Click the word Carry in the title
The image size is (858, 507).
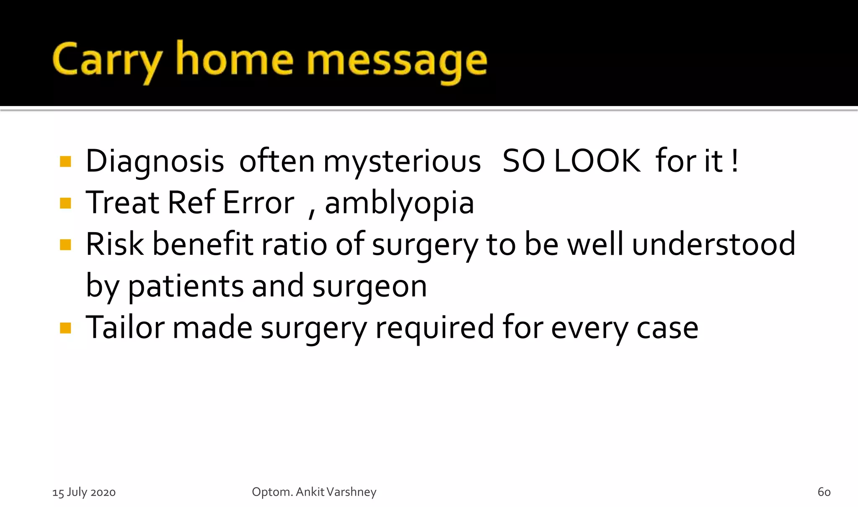click(x=107, y=61)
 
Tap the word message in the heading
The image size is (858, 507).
click(x=397, y=61)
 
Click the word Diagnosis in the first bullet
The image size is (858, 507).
click(x=155, y=161)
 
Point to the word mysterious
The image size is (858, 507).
click(x=402, y=161)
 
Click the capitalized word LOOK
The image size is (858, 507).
click(x=597, y=161)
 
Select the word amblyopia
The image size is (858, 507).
click(x=399, y=203)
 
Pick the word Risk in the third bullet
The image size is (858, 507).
click(x=114, y=244)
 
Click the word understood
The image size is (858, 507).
click(x=713, y=244)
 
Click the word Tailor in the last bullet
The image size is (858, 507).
click(x=125, y=327)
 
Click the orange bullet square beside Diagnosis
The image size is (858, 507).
click(x=65, y=162)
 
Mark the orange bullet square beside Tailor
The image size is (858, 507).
click(x=65, y=328)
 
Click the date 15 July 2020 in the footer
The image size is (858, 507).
click(x=84, y=492)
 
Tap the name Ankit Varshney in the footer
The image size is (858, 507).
click(x=336, y=491)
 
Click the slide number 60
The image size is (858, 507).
click(x=824, y=492)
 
